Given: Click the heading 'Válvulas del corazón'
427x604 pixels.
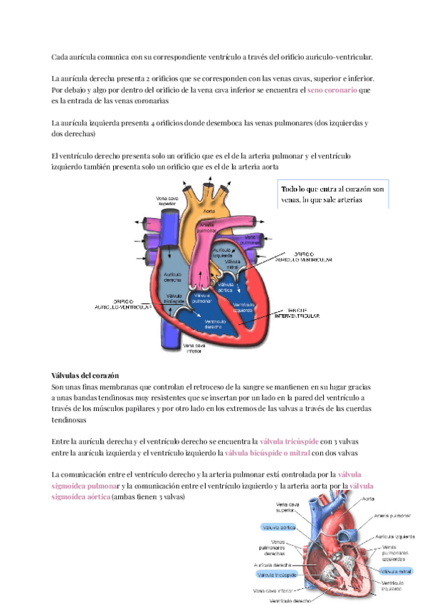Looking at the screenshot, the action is coord(85,375).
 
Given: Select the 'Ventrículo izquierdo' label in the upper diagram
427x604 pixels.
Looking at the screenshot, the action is coord(243,308).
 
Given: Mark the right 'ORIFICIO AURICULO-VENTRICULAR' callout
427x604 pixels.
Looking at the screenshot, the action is coord(313,257).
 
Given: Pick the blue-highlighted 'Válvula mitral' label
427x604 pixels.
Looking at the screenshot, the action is coord(396,571).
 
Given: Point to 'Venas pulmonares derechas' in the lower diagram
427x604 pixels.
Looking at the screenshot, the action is coord(275,548).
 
